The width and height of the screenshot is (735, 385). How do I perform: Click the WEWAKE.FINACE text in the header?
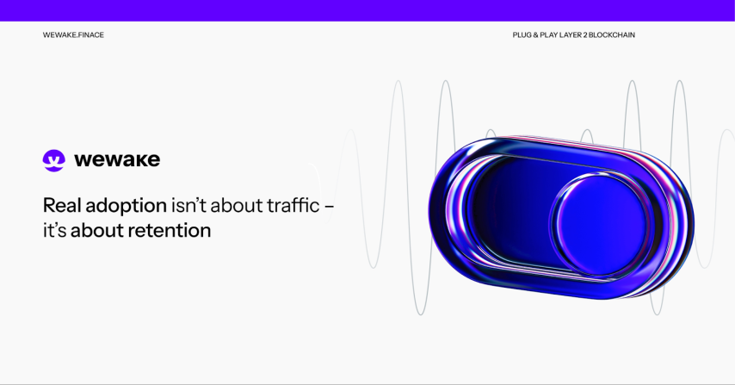tap(73, 34)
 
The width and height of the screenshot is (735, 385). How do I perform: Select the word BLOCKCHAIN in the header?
tap(612, 34)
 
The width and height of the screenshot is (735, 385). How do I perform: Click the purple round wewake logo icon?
tap(54, 160)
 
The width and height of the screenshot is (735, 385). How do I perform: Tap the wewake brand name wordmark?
tap(117, 160)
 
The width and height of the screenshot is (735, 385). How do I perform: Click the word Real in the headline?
tap(62, 205)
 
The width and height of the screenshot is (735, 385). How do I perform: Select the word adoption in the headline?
tap(127, 207)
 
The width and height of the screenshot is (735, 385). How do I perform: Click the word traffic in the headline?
tap(293, 205)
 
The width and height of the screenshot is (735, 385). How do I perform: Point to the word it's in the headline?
tap(54, 230)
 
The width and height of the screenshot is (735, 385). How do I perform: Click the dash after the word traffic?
tap(329, 207)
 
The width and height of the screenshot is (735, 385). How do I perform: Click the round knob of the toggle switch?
tap(601, 225)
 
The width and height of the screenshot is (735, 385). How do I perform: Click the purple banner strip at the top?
tap(367, 10)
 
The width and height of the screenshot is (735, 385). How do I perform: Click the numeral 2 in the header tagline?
tap(585, 34)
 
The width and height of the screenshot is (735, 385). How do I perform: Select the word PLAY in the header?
tap(548, 34)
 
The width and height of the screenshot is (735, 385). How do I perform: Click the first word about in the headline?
tap(236, 205)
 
